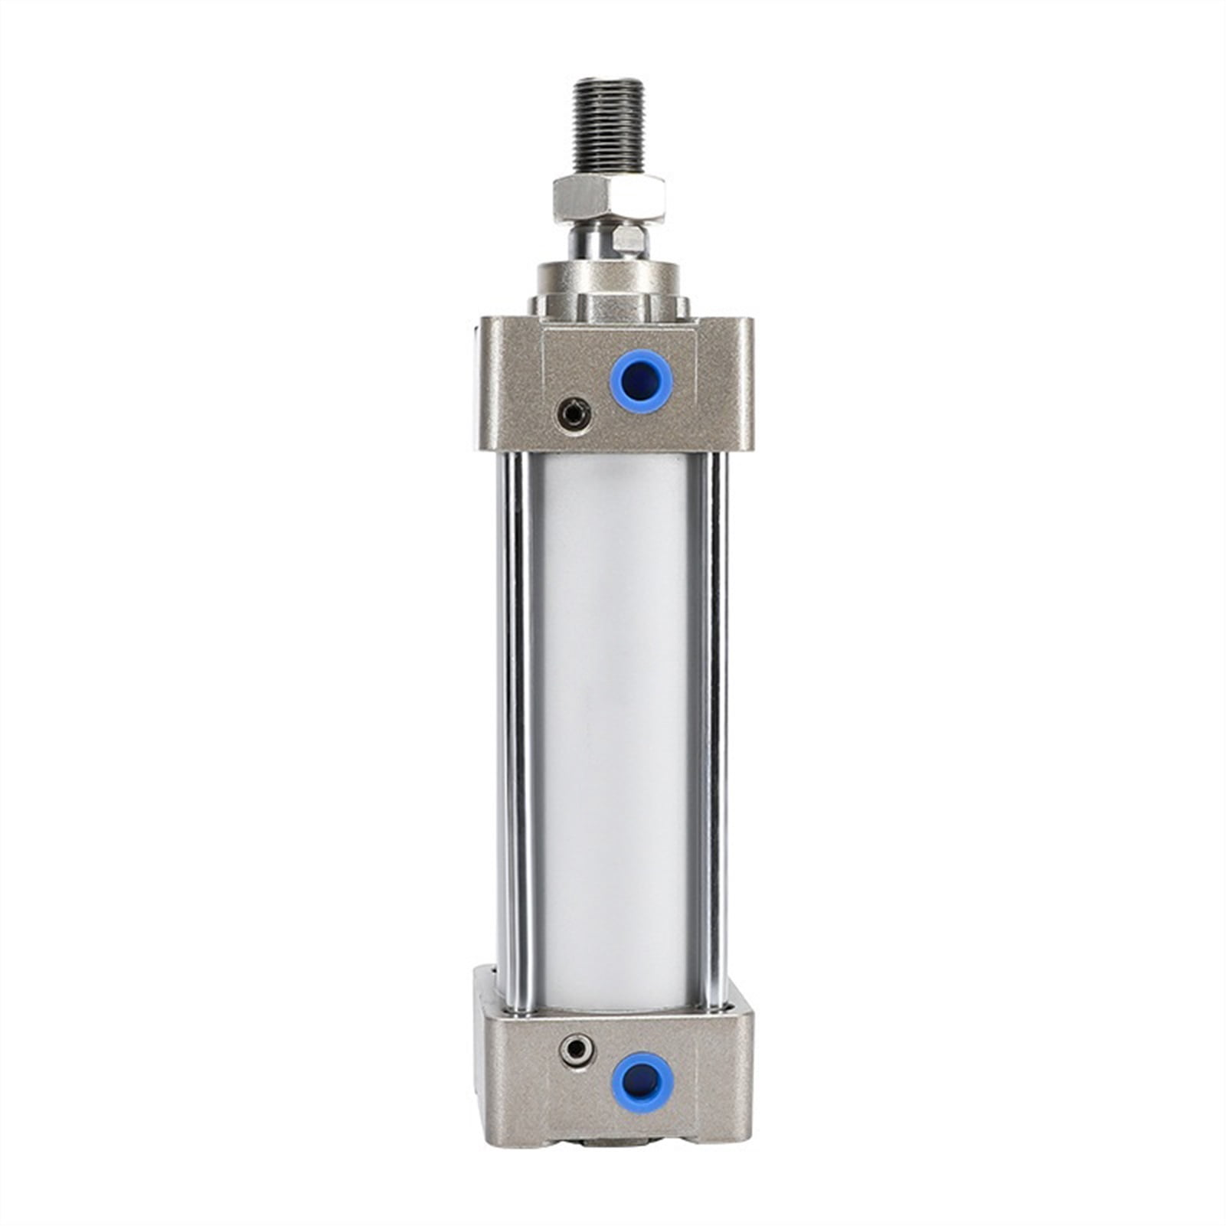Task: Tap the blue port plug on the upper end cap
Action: tap(641, 381)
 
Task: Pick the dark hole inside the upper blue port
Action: tap(641, 381)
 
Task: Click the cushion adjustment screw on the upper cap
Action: tap(572, 414)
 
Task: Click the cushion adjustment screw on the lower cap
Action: tap(572, 1049)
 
